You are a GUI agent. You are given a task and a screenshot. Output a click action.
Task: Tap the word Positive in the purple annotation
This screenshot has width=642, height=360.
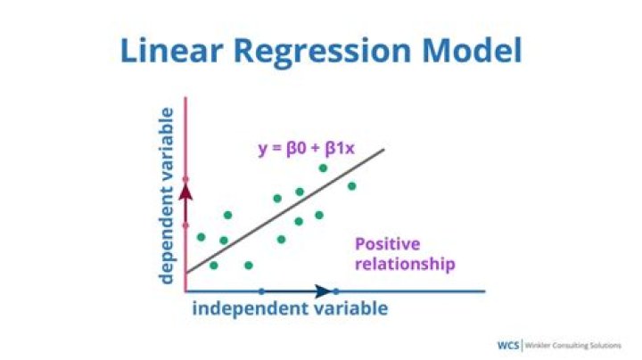point(387,244)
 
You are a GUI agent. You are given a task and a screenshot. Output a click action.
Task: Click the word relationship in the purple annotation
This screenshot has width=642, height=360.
point(405,264)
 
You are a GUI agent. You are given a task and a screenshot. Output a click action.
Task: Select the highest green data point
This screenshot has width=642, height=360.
point(323,168)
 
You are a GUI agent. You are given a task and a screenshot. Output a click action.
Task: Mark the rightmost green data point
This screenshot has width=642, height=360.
point(352,186)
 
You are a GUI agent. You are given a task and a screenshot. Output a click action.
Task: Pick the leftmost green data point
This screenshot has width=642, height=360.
point(201,237)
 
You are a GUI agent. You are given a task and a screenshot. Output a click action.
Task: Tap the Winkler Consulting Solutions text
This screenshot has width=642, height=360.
point(573,345)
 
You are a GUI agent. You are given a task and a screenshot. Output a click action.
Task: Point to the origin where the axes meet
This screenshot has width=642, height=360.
point(185,290)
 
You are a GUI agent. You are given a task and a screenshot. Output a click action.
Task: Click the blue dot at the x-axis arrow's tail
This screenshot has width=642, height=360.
point(261,290)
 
